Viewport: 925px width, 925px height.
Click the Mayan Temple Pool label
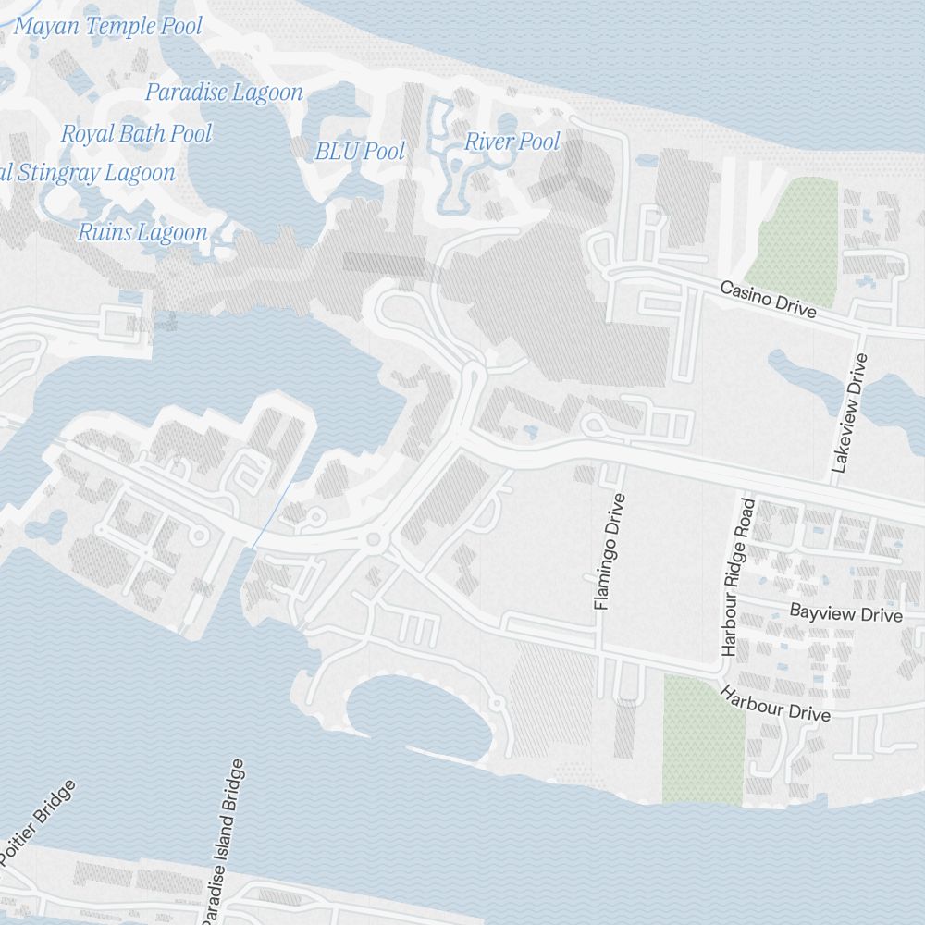coord(107,26)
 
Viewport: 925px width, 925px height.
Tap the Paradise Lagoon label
coord(224,92)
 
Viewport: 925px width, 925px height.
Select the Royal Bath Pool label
coord(137,134)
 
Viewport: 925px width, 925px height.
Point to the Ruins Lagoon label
coord(142,232)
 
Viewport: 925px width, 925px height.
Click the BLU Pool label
coord(360,151)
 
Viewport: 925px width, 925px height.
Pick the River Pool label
coord(512,142)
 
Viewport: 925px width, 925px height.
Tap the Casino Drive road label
coord(769,300)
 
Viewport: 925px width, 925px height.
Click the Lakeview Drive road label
coord(851,413)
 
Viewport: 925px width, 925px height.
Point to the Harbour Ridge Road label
coord(737,577)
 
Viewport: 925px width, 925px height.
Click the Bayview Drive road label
coord(845,614)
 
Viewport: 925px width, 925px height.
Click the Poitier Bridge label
coord(39,822)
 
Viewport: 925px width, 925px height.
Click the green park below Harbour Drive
coord(703,740)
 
